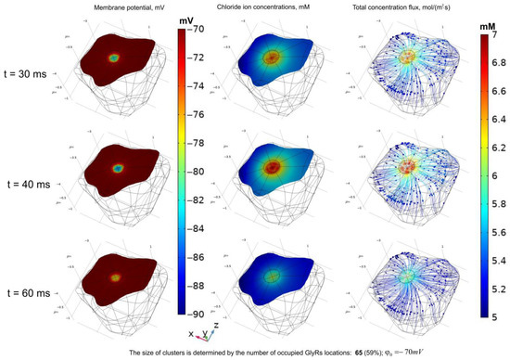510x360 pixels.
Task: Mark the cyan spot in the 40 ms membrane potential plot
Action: (118, 169)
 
